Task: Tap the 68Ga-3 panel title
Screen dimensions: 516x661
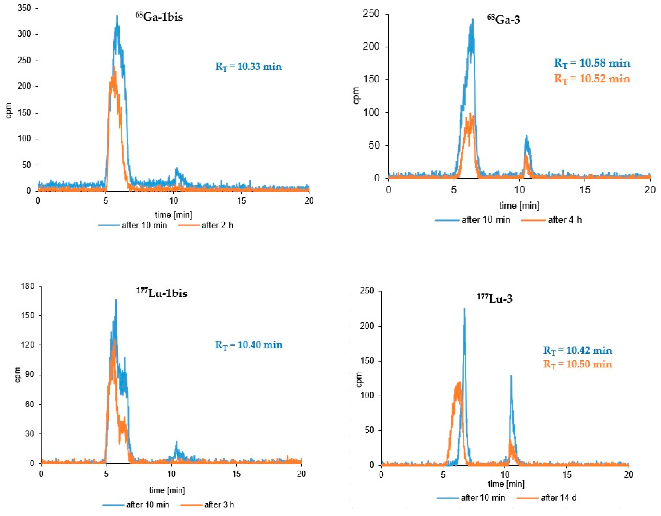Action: [x=503, y=19]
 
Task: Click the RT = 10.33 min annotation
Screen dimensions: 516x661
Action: [x=248, y=66]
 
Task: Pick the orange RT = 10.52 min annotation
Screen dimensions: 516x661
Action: [x=592, y=79]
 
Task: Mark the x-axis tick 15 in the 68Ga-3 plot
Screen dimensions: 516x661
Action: [x=585, y=190]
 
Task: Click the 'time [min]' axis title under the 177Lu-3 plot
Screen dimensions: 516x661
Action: [x=506, y=484]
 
